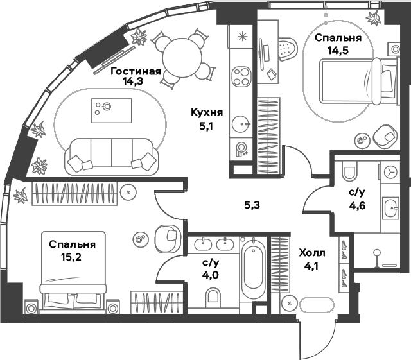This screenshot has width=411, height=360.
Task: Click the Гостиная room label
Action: (135, 71)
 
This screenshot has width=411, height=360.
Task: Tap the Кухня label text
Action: (206, 113)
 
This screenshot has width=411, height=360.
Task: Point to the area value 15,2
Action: (72, 257)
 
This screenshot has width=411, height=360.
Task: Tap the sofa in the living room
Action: (112, 156)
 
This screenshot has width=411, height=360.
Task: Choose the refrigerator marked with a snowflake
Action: (242, 37)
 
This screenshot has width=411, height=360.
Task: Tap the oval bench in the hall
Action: (317, 304)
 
